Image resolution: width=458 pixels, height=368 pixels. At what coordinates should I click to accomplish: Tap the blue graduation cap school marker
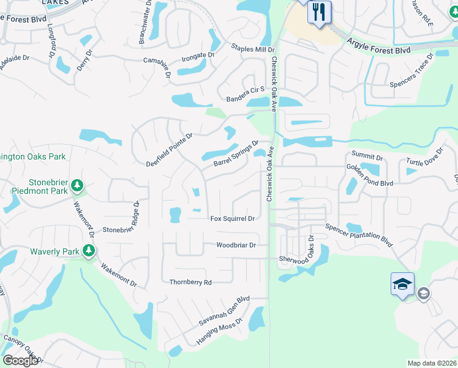click(x=402, y=284)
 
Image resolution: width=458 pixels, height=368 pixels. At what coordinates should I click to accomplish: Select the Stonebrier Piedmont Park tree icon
click(x=77, y=185)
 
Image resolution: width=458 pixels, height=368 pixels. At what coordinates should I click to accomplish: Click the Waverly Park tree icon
click(x=89, y=250)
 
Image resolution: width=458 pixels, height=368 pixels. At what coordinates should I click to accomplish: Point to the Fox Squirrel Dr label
click(x=232, y=218)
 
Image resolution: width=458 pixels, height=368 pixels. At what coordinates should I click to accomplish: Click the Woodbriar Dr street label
click(x=236, y=245)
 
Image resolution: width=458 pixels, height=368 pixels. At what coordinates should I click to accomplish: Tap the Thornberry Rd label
click(x=190, y=282)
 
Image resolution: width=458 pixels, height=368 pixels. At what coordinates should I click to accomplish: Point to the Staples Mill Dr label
click(x=253, y=48)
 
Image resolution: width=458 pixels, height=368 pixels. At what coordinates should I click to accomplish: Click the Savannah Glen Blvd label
click(x=224, y=311)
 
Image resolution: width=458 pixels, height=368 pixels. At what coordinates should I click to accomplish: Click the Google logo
click(x=20, y=361)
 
